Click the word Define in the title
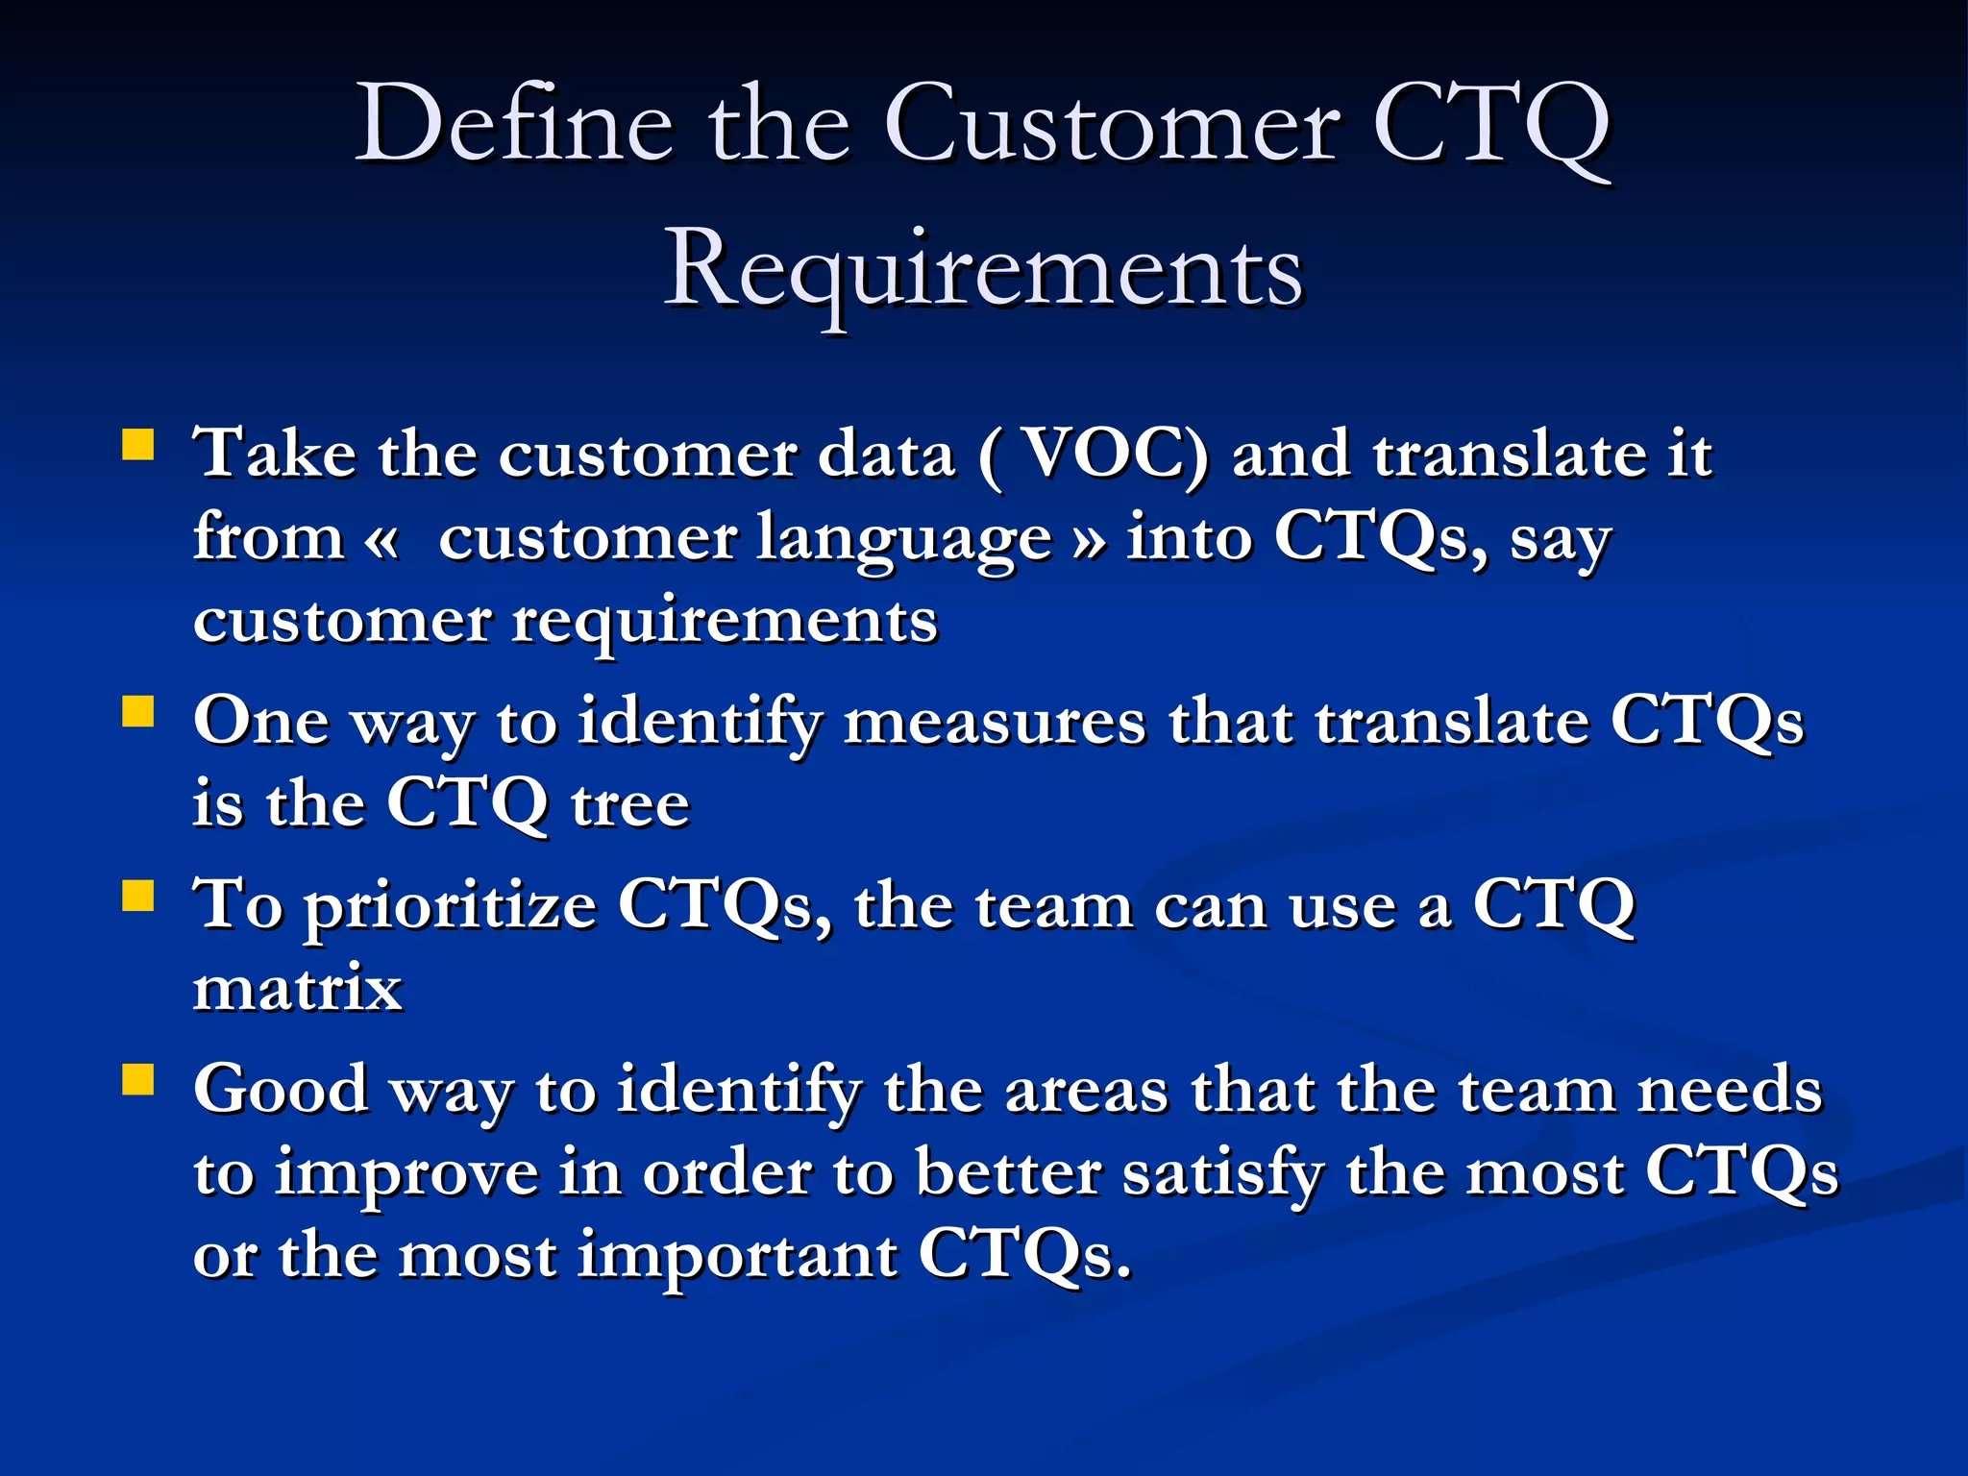[x=514, y=125]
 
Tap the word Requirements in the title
[x=983, y=271]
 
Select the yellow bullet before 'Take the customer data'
[x=138, y=446]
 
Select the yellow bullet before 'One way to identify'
[x=138, y=713]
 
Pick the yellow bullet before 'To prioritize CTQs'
[x=138, y=897]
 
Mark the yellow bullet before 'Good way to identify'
[x=138, y=1080]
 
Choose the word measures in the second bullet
[x=995, y=721]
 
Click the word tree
[x=630, y=803]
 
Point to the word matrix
[x=298, y=988]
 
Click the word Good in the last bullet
[x=281, y=1090]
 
